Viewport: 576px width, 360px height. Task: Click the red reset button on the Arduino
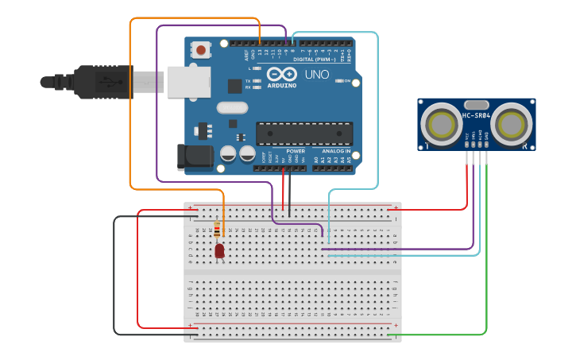point(201,50)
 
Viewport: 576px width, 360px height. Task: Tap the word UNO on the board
point(317,75)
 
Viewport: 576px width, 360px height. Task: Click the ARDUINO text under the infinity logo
point(282,85)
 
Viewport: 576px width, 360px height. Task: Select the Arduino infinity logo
point(282,74)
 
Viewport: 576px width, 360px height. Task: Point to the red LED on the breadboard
point(219,251)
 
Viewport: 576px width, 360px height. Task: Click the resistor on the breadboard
point(218,230)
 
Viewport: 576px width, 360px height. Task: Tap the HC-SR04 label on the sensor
point(476,116)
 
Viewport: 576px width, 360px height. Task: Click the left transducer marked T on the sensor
point(439,124)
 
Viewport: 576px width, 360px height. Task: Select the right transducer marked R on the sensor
point(514,124)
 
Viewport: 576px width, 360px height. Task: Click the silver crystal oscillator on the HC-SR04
point(476,104)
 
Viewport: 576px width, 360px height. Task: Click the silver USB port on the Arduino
point(188,82)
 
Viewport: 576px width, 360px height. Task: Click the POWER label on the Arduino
point(295,150)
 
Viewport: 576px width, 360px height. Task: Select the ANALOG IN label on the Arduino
point(336,150)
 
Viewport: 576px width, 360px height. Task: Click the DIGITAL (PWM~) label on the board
point(314,59)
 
